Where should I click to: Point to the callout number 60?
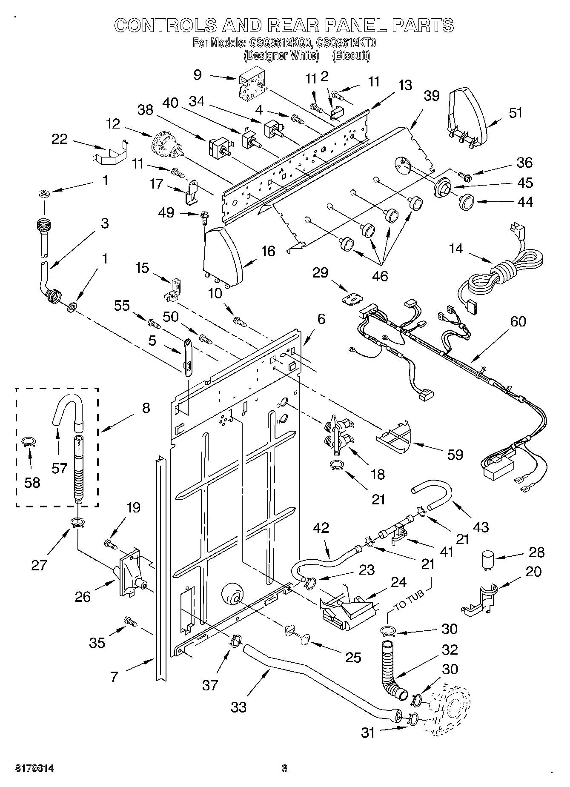coord(518,322)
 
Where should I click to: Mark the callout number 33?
coord(239,707)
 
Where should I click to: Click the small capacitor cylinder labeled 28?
coord(488,560)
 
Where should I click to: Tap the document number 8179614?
coord(34,768)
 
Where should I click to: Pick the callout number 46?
coord(380,276)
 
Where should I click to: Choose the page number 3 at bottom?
coord(284,768)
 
